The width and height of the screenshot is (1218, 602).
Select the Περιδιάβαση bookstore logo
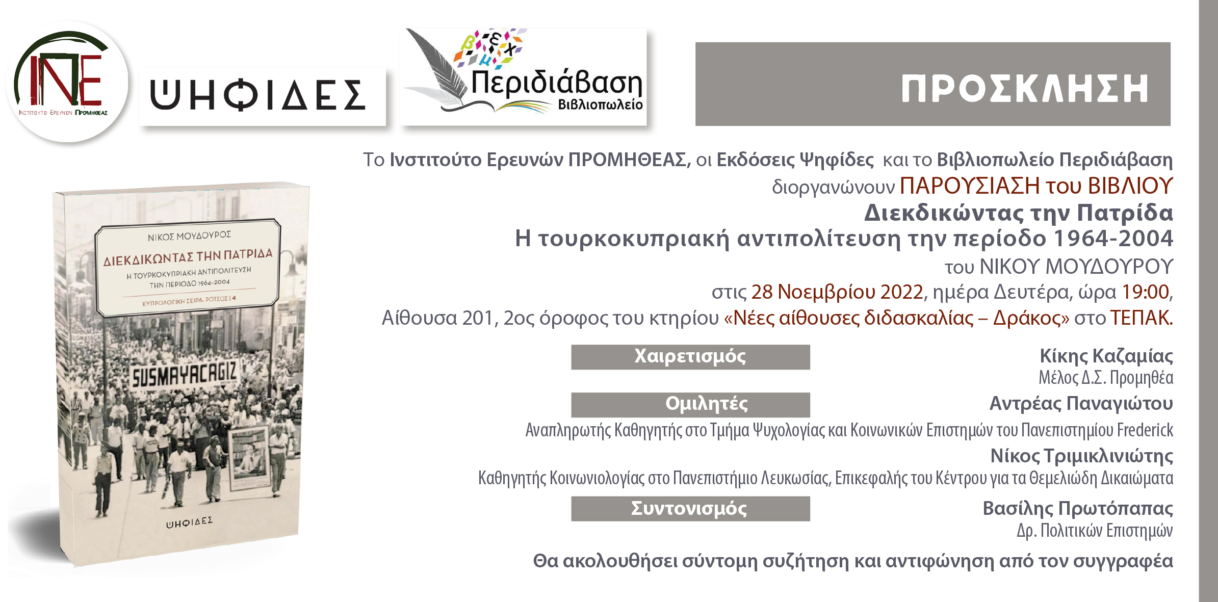524,76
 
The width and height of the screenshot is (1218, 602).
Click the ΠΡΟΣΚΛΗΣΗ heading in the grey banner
1025,89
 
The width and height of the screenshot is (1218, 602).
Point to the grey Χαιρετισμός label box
690,357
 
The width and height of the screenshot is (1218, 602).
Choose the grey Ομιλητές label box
690,405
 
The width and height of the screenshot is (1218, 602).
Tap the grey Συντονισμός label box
690,509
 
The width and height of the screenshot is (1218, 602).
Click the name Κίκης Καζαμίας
1106,356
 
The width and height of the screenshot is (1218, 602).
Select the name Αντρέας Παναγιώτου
1081,404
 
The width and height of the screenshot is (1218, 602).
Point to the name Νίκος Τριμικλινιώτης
1082,456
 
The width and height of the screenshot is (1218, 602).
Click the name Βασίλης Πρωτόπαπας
1078,509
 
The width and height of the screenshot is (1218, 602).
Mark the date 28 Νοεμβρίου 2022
837,292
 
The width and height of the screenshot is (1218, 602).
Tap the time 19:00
1146,292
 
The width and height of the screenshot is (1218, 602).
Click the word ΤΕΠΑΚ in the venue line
1141,318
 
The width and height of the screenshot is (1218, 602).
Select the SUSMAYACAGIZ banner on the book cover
184,376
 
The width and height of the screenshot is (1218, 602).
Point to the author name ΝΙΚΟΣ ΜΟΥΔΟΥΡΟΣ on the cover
189,236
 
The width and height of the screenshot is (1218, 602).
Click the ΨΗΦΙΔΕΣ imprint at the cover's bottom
190,521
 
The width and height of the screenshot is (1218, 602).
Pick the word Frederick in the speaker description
1145,430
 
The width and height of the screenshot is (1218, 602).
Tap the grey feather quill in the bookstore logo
438,66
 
